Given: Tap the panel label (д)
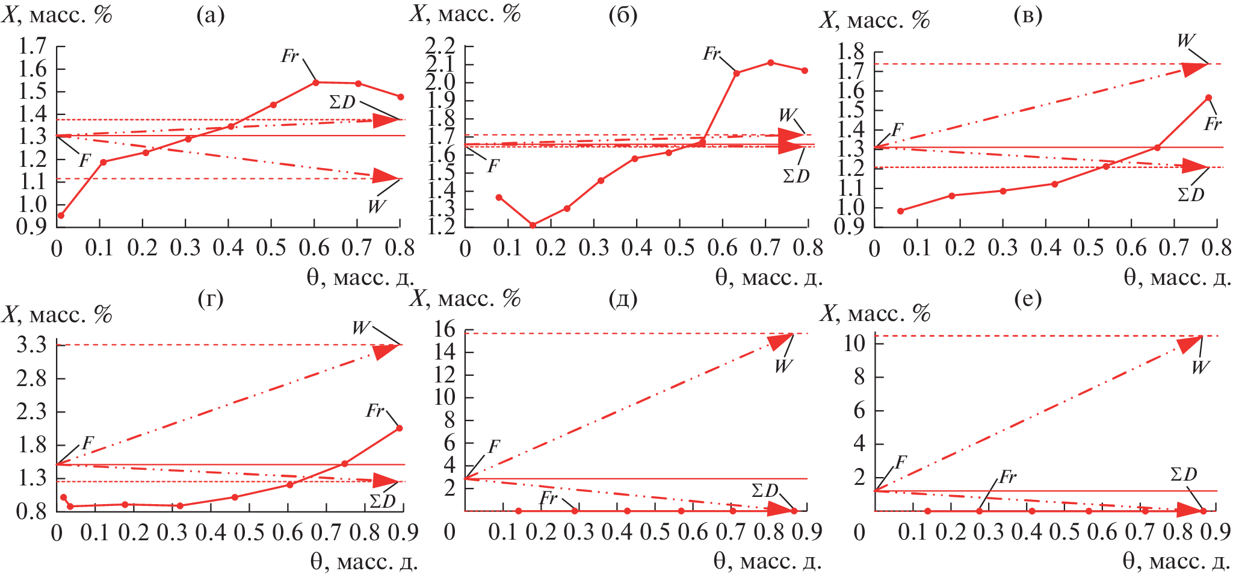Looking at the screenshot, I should click(623, 299).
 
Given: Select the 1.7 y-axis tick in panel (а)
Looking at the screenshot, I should click(32, 46).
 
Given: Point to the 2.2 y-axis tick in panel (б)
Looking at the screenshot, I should click(440, 46).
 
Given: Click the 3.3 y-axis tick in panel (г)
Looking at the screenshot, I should click(32, 345).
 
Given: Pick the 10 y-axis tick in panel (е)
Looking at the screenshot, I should click(854, 343).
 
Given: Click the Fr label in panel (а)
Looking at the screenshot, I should click(290, 56).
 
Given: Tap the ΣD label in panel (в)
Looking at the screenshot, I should click(1191, 195).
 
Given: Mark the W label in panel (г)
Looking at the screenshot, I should click(360, 328).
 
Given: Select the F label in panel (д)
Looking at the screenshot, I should click(493, 446).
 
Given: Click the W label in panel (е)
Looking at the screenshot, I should click(1200, 367).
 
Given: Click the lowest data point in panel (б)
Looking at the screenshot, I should click(533, 225).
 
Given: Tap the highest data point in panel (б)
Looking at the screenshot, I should click(771, 63).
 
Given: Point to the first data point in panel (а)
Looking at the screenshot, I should click(61, 215).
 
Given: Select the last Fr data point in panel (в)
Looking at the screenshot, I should click(1208, 98).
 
